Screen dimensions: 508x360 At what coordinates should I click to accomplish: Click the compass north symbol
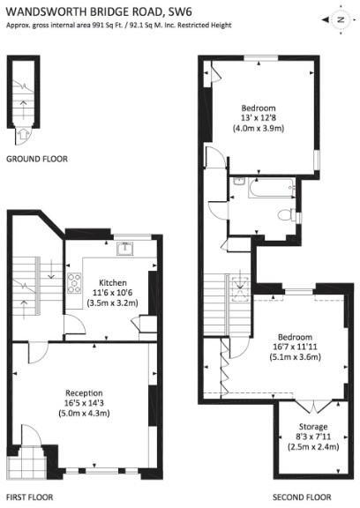click(x=338, y=19)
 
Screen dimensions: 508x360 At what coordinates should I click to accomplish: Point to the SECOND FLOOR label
click(x=300, y=497)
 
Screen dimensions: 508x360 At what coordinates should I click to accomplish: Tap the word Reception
click(x=84, y=392)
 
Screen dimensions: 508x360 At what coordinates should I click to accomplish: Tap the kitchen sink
click(x=125, y=248)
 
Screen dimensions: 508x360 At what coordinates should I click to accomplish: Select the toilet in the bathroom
click(x=286, y=215)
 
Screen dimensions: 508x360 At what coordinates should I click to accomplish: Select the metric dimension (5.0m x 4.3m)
click(x=84, y=414)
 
